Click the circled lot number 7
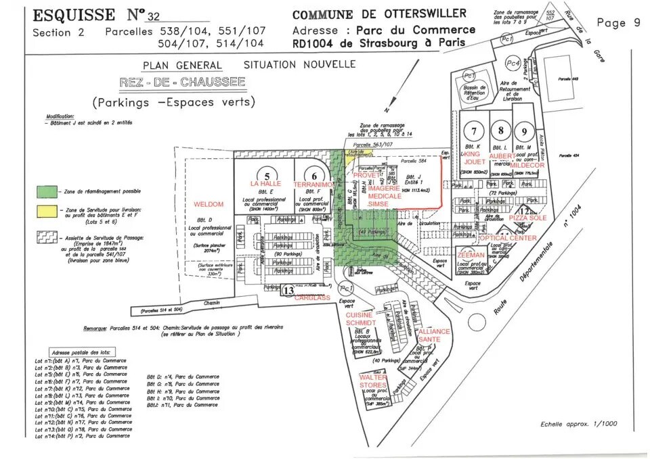pos(475,131)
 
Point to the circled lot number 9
pos(523,131)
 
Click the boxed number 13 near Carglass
pos(288,291)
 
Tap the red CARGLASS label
pos(312,297)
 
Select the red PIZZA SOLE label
pos(527,219)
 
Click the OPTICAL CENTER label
pos(507,238)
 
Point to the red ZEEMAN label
pos(471,255)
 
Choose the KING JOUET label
pos(475,158)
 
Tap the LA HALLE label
pos(265,184)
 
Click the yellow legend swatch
pos(47,212)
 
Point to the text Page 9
pos(618,23)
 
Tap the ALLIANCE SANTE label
pos(434,335)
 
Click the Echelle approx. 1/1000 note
pos(570,425)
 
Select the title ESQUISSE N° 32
pos(97,15)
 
